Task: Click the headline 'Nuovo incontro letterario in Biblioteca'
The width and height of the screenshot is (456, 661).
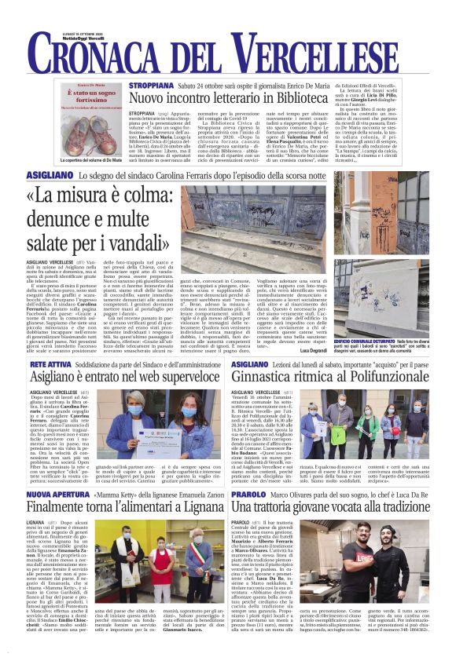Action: pos(249,99)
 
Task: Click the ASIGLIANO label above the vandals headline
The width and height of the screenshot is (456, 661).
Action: pos(50,178)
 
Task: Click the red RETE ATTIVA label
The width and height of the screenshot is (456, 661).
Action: pos(52,365)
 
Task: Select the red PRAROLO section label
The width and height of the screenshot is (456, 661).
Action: pos(249,496)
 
